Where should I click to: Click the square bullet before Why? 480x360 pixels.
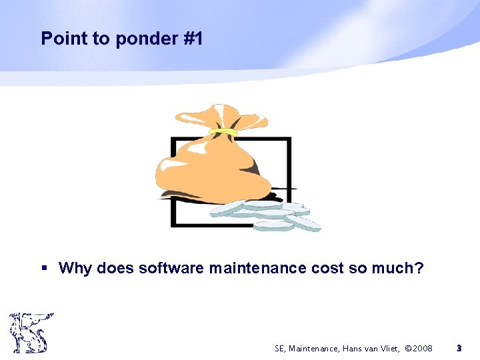click(45, 269)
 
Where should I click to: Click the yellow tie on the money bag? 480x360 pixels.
click(223, 131)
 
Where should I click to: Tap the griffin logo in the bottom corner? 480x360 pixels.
click(30, 333)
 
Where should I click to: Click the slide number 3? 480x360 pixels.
click(459, 348)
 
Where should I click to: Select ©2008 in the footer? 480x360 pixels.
click(418, 348)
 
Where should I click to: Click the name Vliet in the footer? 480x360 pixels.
click(389, 348)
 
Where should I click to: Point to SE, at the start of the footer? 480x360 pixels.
click(280, 348)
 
